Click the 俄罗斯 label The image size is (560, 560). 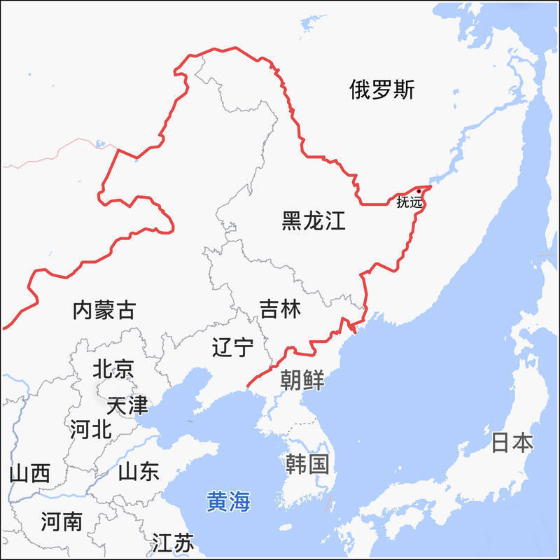[382, 90]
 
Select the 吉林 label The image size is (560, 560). [280, 309]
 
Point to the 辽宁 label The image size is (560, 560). [232, 346]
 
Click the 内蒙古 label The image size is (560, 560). [104, 310]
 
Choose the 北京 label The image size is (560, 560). [113, 369]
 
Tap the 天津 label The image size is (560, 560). [127, 405]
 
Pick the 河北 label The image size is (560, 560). [90, 429]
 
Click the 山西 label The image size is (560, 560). [29, 474]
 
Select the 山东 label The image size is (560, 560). [139, 471]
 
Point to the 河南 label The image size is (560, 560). [61, 521]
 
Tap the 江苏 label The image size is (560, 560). [172, 542]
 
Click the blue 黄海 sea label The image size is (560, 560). [228, 501]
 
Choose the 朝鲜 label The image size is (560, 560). [302, 380]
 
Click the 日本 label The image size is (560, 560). [512, 442]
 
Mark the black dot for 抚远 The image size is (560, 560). [419, 190]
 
